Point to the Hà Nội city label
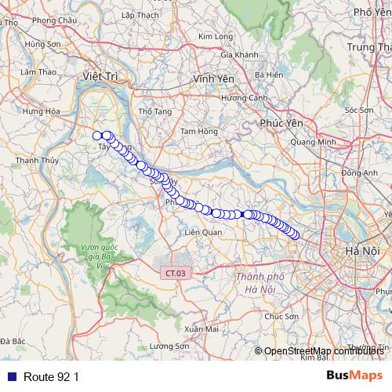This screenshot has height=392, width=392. [361, 250]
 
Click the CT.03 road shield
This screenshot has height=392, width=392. [176, 273]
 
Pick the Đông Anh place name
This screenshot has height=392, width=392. [360, 172]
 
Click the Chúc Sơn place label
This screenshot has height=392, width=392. [281, 316]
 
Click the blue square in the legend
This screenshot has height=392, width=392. [11, 376]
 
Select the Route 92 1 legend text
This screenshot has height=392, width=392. [51, 376]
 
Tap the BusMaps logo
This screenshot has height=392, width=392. [354, 376]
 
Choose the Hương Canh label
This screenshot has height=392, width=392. [243, 98]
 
